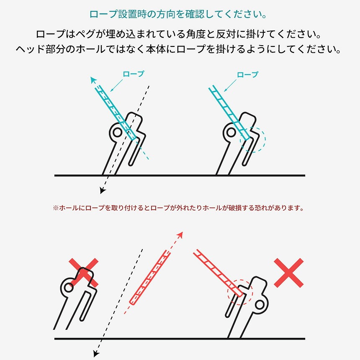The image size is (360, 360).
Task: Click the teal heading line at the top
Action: (178, 14)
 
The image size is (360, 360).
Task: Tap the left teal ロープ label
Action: (134, 74)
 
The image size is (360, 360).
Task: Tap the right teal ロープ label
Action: (247, 75)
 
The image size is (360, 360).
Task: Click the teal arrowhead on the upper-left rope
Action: (93, 80)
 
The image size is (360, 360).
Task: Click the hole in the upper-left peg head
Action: (117, 132)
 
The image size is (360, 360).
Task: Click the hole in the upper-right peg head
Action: (231, 132)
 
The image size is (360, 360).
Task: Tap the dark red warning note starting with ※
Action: (178, 208)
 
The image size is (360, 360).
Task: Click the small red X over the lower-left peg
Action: (84, 273)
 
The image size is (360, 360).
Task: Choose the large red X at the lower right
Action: (289, 273)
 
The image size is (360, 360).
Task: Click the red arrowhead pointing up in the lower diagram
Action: (180, 235)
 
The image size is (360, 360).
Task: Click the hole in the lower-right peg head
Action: (260, 305)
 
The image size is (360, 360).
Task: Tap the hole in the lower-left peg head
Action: (68, 287)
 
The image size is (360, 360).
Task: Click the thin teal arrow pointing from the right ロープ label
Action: (230, 86)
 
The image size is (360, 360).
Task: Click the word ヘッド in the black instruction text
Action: (30, 49)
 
